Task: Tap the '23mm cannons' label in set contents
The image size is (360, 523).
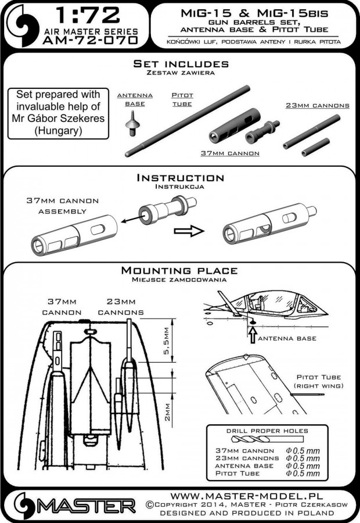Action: point(317,106)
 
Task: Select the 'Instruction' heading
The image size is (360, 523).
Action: point(179,177)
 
